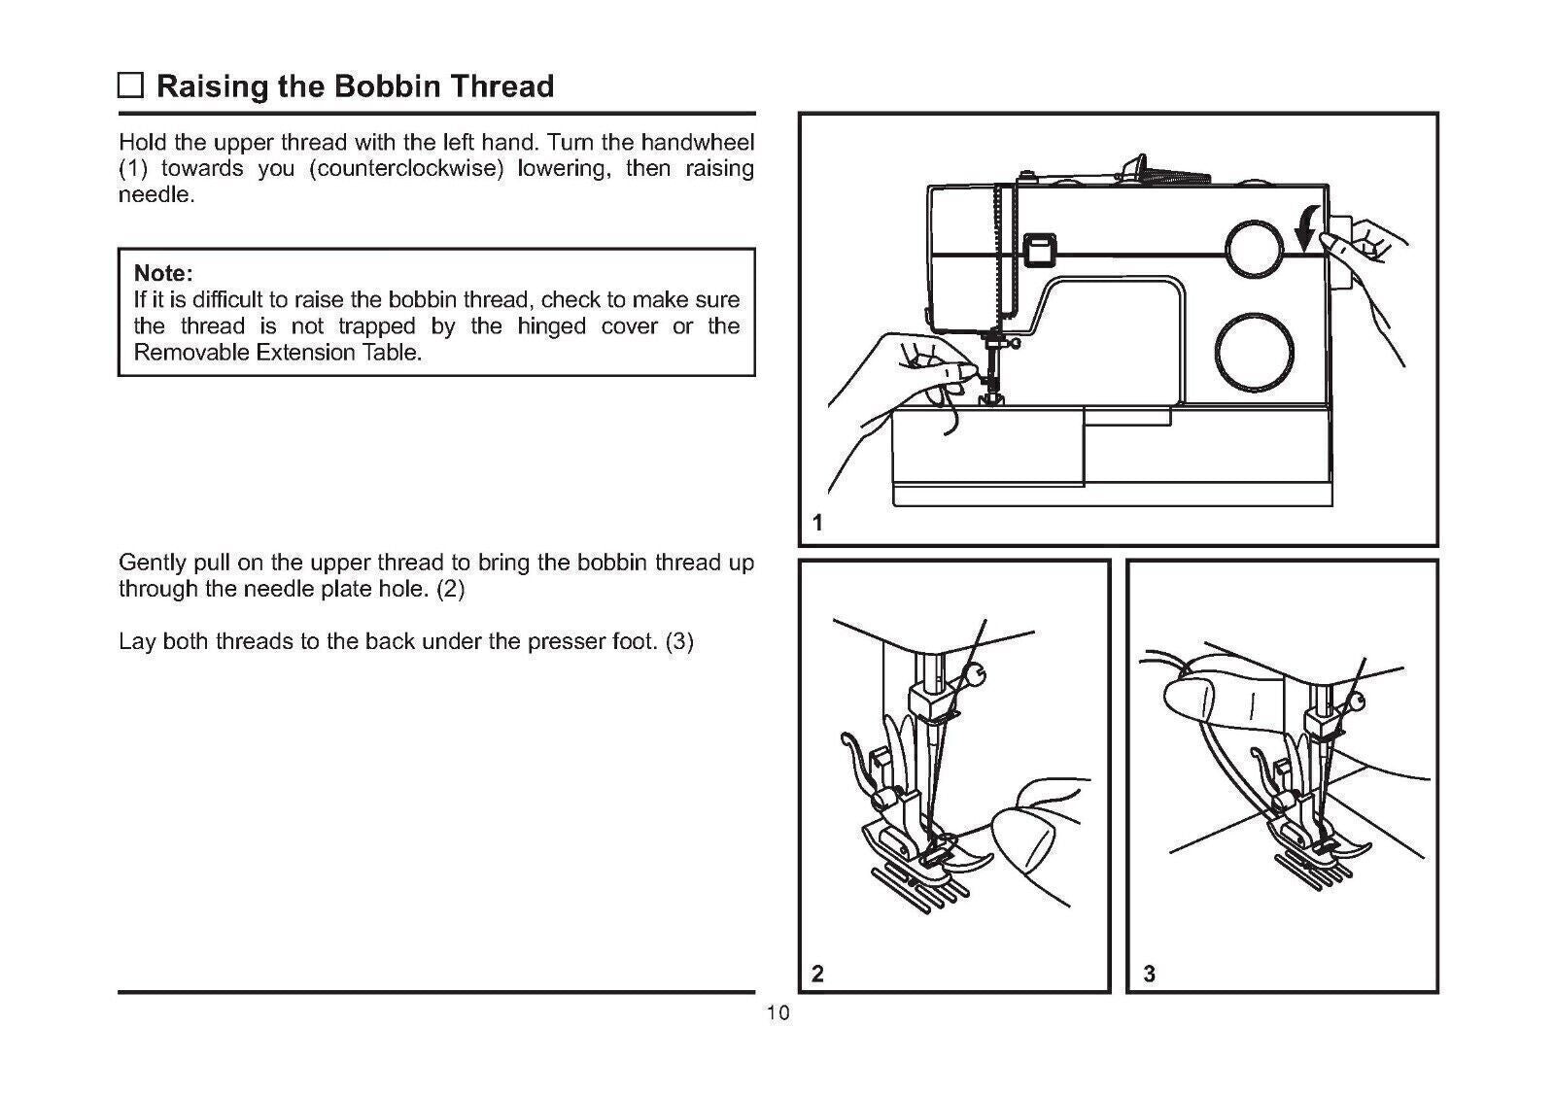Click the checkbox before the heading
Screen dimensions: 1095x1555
(x=130, y=86)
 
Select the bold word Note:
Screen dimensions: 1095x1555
(x=163, y=272)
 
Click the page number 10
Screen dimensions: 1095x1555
(x=777, y=1013)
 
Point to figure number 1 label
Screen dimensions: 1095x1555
(x=817, y=524)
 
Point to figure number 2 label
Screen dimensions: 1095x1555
(x=817, y=974)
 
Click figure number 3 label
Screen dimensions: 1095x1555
(x=1150, y=974)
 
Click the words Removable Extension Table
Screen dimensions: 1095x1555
(x=277, y=353)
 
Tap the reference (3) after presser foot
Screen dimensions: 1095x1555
(x=679, y=642)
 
